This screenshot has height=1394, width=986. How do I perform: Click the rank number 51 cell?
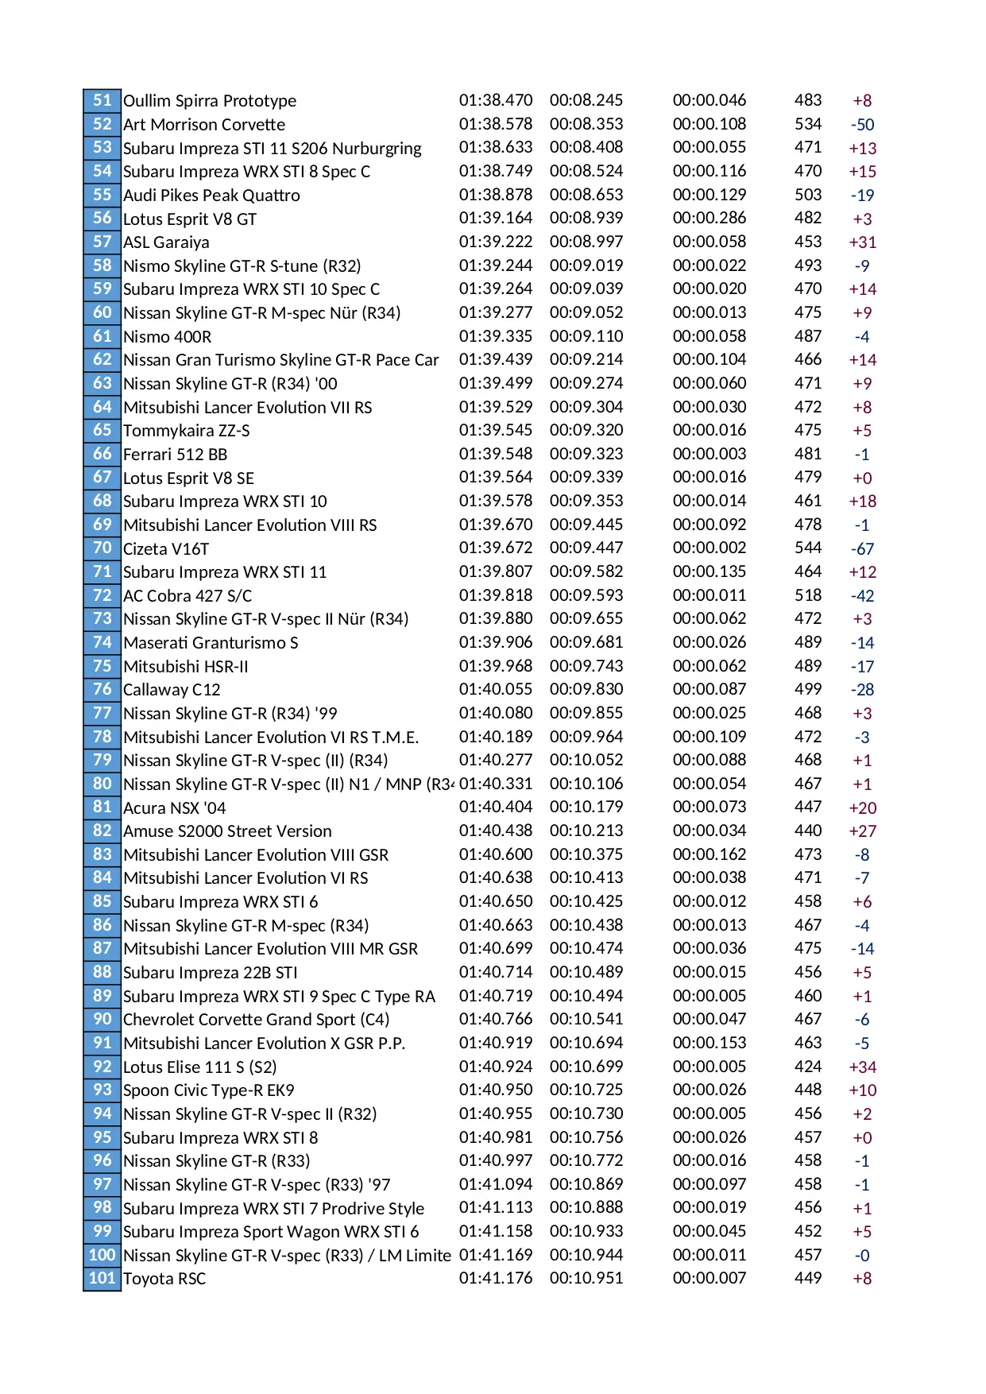102,100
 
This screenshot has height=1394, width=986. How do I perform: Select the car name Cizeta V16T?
166,548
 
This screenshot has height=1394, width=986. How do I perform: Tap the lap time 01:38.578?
496,124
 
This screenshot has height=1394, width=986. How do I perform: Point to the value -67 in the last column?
862,549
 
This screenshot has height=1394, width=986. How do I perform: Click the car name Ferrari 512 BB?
175,455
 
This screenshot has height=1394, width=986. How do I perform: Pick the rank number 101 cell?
102,1278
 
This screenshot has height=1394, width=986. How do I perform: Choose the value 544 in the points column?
808,548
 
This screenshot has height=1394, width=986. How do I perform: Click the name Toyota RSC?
164,1279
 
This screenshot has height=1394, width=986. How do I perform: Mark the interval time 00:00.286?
710,218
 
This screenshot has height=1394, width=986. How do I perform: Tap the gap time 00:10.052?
586,760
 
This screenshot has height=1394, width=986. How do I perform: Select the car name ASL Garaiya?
166,242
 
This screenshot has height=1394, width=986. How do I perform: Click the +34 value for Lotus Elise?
862,1067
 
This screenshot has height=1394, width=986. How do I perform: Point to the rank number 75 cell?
102,666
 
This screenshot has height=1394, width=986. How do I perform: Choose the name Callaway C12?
172,690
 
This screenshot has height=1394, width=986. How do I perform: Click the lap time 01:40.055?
496,689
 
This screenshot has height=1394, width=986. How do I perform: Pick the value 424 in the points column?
808,1067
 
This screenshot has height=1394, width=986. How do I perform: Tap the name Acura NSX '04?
174,808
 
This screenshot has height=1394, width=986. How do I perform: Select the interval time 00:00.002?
710,548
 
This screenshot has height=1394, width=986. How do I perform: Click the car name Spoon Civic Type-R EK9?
209,1090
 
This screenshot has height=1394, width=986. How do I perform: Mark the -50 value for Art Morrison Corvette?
862,125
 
